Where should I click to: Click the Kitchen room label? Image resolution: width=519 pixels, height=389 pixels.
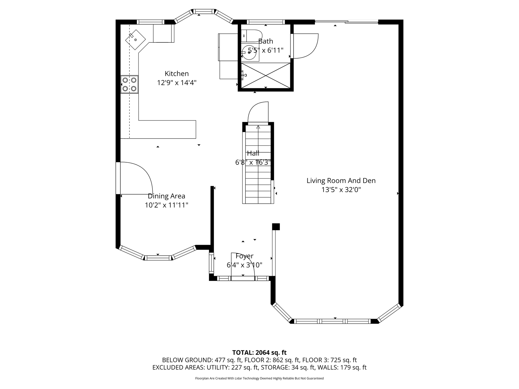pyautogui.click(x=177, y=73)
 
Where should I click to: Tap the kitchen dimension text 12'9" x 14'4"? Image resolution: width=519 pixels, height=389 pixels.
pyautogui.click(x=177, y=83)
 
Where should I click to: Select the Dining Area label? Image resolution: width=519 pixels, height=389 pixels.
pyautogui.click(x=167, y=196)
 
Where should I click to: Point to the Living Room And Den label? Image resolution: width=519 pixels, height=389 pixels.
pyautogui.click(x=341, y=181)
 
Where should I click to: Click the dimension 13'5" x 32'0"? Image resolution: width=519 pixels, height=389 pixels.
pyautogui.click(x=341, y=190)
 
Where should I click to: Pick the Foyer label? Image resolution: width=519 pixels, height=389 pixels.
pyautogui.click(x=244, y=256)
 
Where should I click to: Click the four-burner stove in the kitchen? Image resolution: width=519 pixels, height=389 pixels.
pyautogui.click(x=129, y=84)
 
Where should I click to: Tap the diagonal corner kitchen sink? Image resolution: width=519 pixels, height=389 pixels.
pyautogui.click(x=136, y=40)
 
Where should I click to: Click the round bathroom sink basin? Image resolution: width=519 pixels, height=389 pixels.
pyautogui.click(x=249, y=52)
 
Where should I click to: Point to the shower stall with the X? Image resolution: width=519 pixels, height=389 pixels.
pyautogui.click(x=266, y=75)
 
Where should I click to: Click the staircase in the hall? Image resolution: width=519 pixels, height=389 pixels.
pyautogui.click(x=258, y=164)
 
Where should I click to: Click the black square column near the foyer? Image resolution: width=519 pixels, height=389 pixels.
pyautogui.click(x=276, y=227)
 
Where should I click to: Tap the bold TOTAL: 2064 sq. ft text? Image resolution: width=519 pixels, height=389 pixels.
pyautogui.click(x=259, y=353)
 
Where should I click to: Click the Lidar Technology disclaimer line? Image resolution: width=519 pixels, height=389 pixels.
pyautogui.click(x=259, y=378)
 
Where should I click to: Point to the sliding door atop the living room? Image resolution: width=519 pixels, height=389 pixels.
pyautogui.click(x=347, y=22)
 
